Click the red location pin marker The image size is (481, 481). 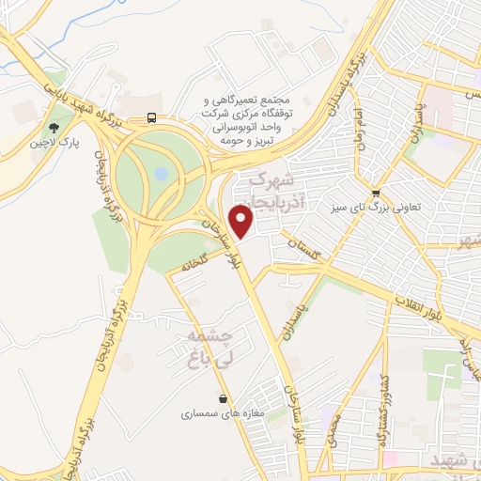[x=241, y=224]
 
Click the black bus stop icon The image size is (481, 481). [x=151, y=118]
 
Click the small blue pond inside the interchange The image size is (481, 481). [x=161, y=174]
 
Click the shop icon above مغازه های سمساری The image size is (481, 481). [x=223, y=398]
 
